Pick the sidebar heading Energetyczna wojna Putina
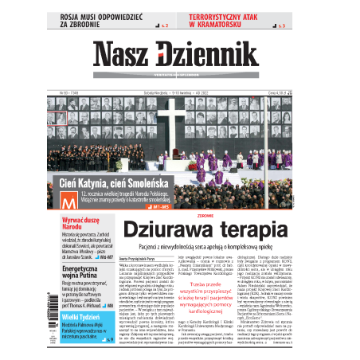(68, 275)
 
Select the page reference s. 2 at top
(165, 27)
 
